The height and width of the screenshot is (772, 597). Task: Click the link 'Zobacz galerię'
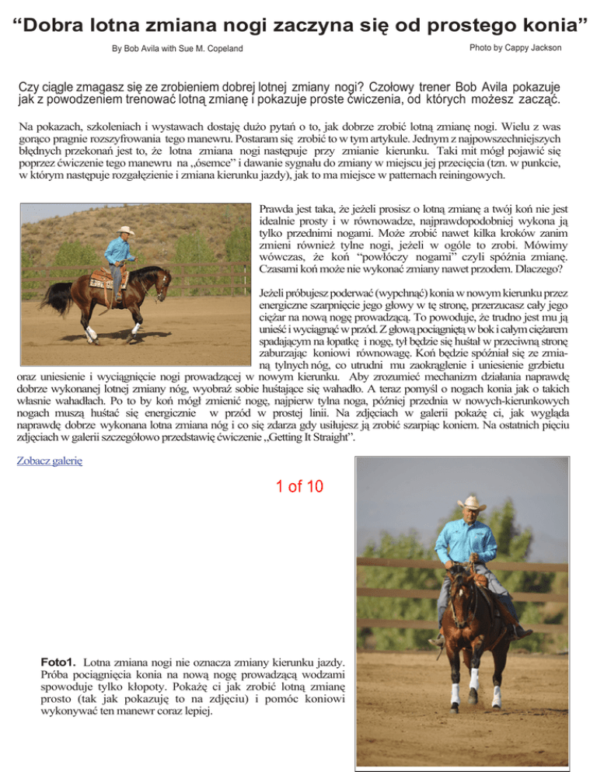click(50, 460)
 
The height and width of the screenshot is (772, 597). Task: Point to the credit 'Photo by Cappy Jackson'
click(515, 48)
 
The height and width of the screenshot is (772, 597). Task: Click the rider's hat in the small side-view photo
click(125, 230)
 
